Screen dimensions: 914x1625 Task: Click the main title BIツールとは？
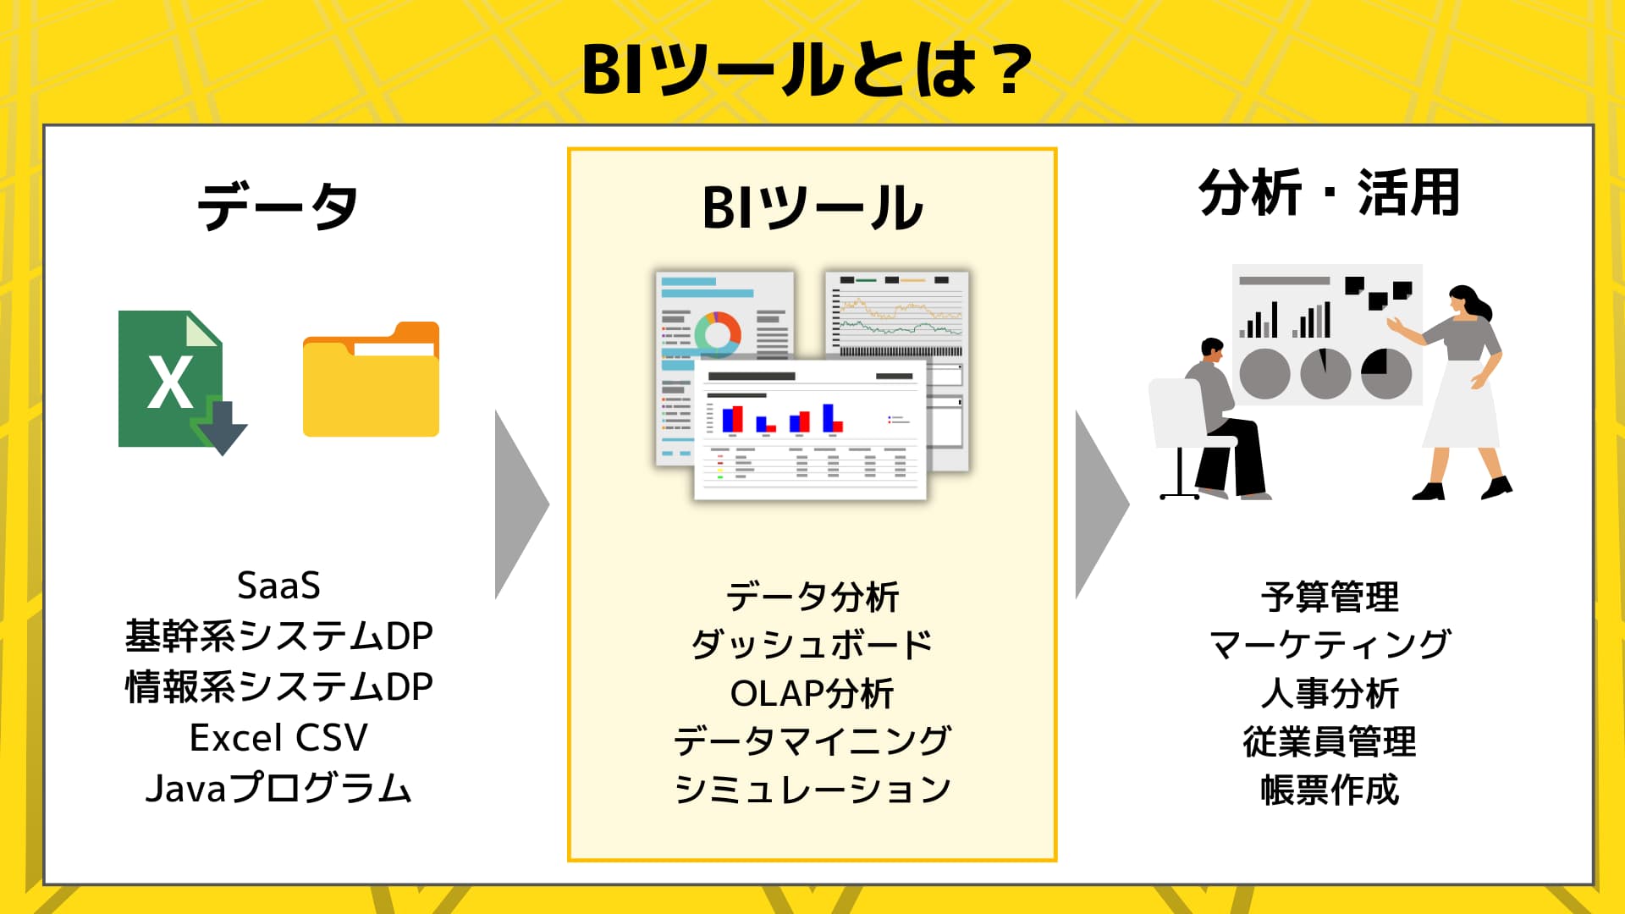(x=808, y=69)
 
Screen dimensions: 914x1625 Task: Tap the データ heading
(x=278, y=206)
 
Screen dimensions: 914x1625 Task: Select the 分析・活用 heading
(x=1329, y=193)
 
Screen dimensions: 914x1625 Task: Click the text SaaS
(x=278, y=586)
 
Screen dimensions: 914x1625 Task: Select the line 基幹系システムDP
(x=278, y=636)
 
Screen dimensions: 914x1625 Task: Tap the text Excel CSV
(x=278, y=738)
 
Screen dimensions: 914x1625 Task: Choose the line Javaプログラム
(x=278, y=789)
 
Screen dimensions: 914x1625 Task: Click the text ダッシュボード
(x=812, y=645)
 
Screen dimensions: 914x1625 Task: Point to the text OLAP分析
(x=812, y=693)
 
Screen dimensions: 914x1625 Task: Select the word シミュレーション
(x=812, y=790)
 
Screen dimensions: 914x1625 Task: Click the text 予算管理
(x=1330, y=597)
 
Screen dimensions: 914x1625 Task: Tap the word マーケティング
(x=1330, y=645)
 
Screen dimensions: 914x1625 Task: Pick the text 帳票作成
(x=1330, y=790)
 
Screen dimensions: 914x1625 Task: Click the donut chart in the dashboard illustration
(x=718, y=332)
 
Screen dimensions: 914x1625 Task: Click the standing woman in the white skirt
(x=1462, y=389)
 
